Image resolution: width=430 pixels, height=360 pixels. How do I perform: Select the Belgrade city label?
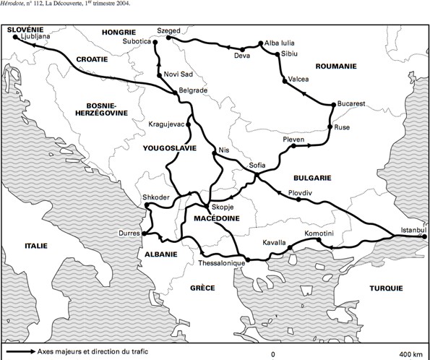coord(193,90)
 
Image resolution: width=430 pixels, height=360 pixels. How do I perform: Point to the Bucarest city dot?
coord(333,105)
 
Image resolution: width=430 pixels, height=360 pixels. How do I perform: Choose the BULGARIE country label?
coord(311,176)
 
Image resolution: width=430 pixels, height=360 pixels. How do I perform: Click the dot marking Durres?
coord(145,233)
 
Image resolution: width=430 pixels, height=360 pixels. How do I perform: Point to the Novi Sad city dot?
coord(159,74)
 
